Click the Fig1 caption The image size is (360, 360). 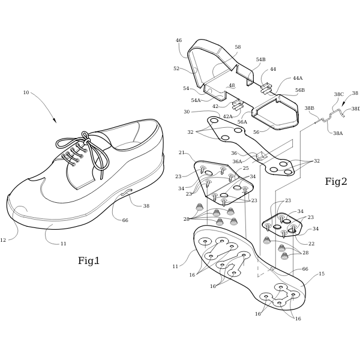[x=89, y=260]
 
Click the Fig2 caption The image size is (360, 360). [x=336, y=181]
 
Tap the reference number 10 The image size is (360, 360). [x=26, y=92]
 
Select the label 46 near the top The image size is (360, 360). [x=179, y=40]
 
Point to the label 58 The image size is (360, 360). [x=238, y=47]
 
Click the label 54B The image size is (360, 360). [x=260, y=59]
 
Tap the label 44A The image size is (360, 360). [x=298, y=78]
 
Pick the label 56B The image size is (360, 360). [x=300, y=90]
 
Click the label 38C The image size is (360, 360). [x=339, y=94]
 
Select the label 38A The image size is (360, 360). [x=338, y=133]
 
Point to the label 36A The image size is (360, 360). [x=237, y=161]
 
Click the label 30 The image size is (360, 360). [x=187, y=112]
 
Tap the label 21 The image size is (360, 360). [x=182, y=152]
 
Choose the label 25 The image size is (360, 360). [x=245, y=168]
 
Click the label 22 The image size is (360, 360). [x=311, y=244]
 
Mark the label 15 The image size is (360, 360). [x=322, y=274]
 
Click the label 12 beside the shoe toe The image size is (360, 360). [x=3, y=240]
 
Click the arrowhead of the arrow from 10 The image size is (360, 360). [x=55, y=121]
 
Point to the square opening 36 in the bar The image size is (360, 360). [x=261, y=156]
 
